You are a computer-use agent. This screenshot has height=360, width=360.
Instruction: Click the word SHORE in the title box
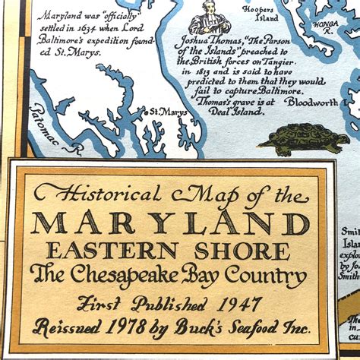click(x=245, y=250)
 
